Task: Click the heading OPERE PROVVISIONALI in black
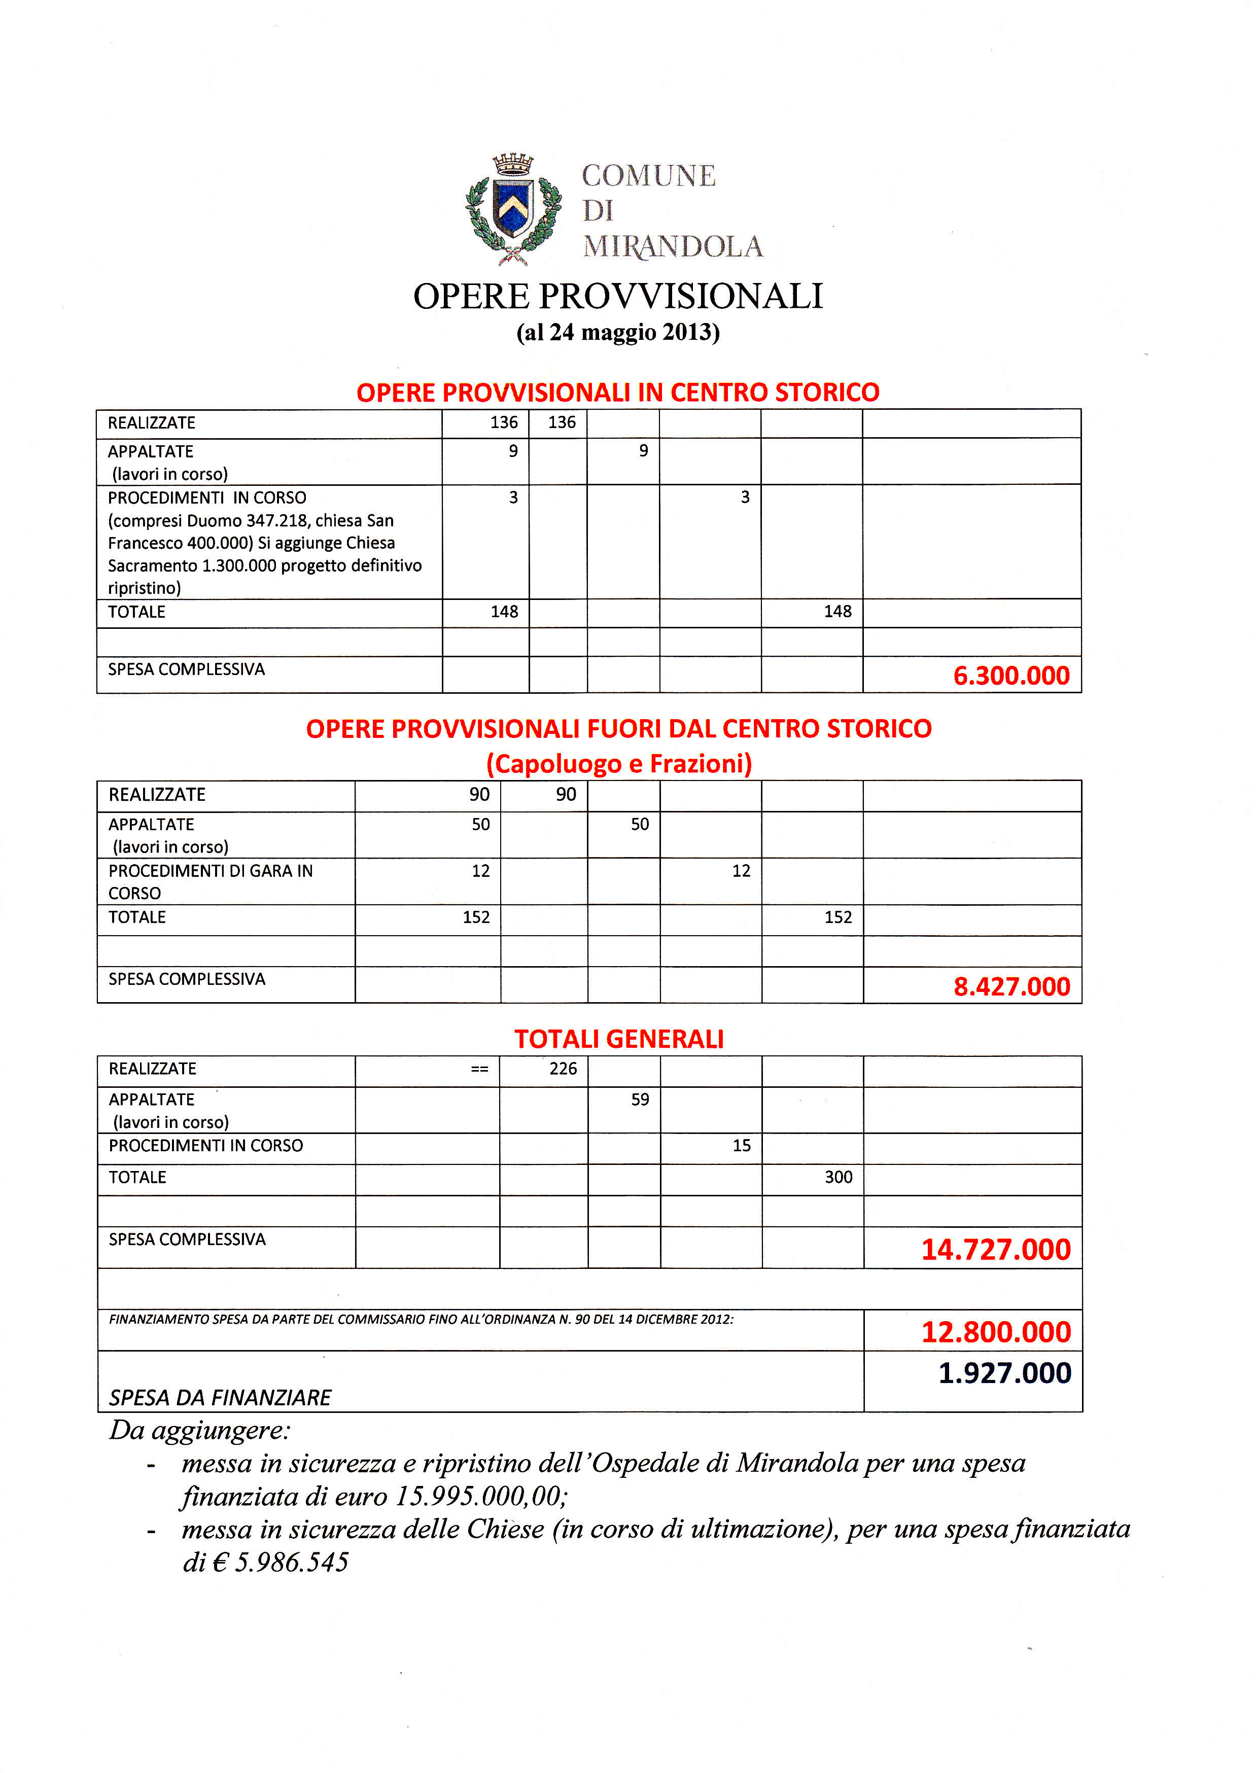tap(618, 296)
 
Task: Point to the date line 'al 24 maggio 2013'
tap(618, 333)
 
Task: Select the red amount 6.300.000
tap(1011, 676)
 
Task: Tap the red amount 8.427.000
tap(1011, 986)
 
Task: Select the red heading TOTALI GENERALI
tap(619, 1039)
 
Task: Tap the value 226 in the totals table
tap(563, 1069)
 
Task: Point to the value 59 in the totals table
tap(640, 1100)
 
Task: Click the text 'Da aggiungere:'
tap(199, 1431)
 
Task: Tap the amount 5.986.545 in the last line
tap(292, 1563)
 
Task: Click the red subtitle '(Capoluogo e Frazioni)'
tap(619, 764)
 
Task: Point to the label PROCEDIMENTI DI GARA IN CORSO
tap(211, 881)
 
